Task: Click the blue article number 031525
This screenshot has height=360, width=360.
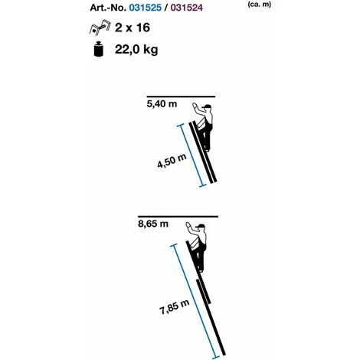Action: click(146, 8)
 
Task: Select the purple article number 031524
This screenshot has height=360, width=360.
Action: click(187, 8)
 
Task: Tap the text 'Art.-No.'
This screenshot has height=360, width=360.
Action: click(108, 8)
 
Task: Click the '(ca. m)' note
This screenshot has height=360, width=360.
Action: click(259, 5)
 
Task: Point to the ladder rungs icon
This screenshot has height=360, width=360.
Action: click(100, 27)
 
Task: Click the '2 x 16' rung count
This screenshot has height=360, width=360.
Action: click(133, 28)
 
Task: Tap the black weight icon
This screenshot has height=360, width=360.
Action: click(99, 49)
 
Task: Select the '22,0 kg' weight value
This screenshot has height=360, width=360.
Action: click(136, 49)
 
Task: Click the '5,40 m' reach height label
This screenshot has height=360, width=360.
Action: click(162, 104)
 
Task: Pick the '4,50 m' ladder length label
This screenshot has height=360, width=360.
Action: click(172, 161)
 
